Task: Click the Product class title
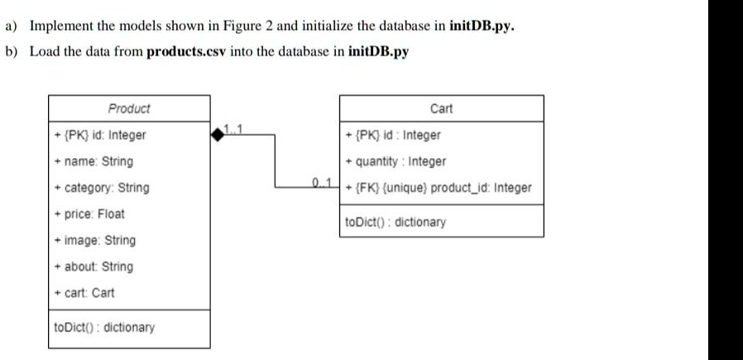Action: [129, 108]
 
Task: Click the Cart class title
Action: [442, 108]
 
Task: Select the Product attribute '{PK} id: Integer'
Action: [99, 135]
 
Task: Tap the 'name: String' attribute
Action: [93, 161]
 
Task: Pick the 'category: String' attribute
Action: [102, 188]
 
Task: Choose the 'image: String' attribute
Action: [94, 241]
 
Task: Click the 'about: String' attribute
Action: [93, 266]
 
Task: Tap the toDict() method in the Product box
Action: [103, 328]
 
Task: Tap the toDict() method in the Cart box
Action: [395, 222]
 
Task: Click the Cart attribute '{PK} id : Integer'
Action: [393, 135]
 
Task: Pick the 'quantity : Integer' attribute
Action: [395, 161]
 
